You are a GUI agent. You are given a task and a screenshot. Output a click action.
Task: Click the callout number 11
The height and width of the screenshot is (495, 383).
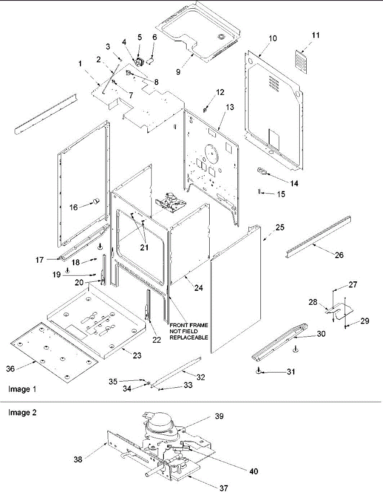click(x=315, y=35)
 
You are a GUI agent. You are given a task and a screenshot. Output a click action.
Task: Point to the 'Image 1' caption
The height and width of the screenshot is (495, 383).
click(x=20, y=389)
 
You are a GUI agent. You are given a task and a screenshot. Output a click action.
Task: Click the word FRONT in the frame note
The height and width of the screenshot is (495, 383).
click(x=178, y=325)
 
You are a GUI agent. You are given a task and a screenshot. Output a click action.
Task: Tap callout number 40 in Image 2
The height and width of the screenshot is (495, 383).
click(x=254, y=471)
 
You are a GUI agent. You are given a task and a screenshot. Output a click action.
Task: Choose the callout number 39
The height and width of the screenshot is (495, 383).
click(x=219, y=416)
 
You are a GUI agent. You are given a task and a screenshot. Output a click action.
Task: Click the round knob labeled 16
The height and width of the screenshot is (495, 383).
click(x=96, y=201)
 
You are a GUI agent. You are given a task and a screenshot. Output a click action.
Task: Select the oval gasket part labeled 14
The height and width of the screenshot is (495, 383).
click(x=261, y=170)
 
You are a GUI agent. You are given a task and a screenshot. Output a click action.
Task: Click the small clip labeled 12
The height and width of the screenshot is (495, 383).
click(x=205, y=109)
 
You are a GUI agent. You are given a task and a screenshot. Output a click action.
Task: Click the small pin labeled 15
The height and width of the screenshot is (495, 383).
click(x=258, y=192)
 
